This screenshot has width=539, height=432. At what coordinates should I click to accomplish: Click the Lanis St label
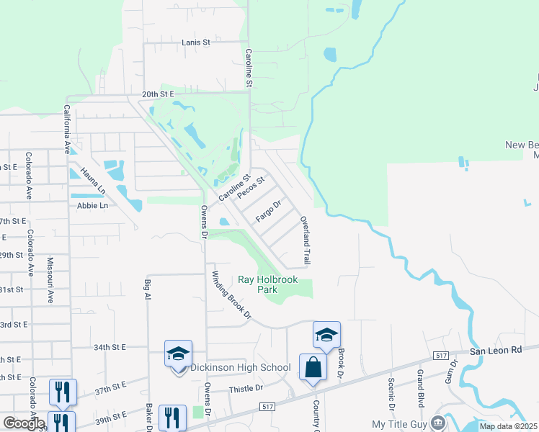click(x=195, y=42)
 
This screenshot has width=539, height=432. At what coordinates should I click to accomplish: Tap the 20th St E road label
click(x=159, y=94)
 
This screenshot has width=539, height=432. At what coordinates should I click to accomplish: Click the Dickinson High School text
click(x=241, y=368)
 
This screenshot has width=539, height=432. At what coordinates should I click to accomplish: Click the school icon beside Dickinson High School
click(x=178, y=354)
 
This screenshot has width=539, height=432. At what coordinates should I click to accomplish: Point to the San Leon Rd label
click(x=495, y=351)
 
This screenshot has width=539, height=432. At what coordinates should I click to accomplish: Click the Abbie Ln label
click(x=92, y=205)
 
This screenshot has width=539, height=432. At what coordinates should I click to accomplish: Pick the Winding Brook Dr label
click(x=231, y=294)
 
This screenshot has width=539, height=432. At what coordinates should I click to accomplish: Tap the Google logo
click(x=23, y=423)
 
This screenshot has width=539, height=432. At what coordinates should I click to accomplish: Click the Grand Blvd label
click(x=420, y=390)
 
